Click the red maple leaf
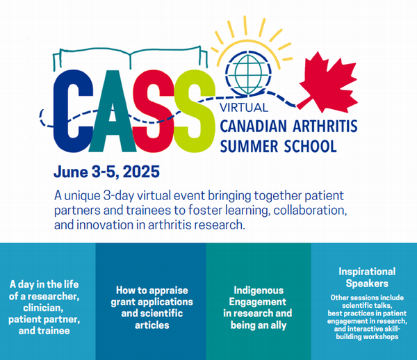tap(329, 83)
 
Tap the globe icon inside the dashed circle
tap(248, 74)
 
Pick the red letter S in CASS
tap(154, 111)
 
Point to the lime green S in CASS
tap(195, 111)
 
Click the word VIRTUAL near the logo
tap(244, 108)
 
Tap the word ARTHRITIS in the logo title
tap(325, 126)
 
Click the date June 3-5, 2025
tap(106, 172)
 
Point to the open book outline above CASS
tap(130, 58)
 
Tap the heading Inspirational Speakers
tap(367, 277)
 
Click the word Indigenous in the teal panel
tap(259, 290)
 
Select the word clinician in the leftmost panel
tap(43, 308)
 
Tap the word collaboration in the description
tap(311, 211)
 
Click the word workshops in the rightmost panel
tap(381, 337)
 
